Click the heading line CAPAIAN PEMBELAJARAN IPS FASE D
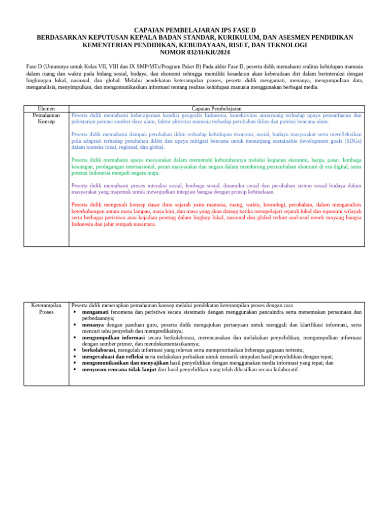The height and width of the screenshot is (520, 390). click(x=195, y=30)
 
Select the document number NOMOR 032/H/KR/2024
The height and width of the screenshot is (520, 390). click(x=195, y=52)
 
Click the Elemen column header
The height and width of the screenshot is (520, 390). click(x=46, y=109)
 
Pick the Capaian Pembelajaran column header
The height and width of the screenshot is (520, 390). click(x=216, y=109)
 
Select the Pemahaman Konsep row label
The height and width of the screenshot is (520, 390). click(x=46, y=118)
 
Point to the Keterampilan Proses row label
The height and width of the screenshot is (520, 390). click(x=46, y=308)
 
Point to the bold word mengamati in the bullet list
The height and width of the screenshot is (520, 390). click(x=95, y=312)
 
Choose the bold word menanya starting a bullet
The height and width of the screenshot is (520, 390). click(x=93, y=324)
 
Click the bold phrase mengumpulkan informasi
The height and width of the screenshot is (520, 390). click(x=113, y=337)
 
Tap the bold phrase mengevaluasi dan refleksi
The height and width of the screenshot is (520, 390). click(x=112, y=356)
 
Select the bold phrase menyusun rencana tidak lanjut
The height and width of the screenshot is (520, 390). click(x=119, y=369)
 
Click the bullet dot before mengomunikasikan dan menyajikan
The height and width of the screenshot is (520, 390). click(x=75, y=363)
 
